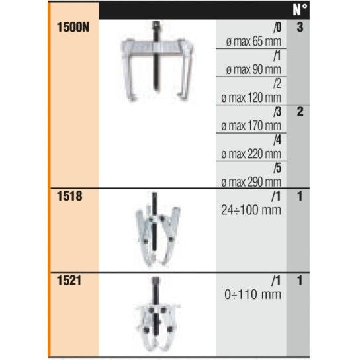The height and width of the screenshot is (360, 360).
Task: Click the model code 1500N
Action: [73, 27]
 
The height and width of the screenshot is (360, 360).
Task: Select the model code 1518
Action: [69, 196]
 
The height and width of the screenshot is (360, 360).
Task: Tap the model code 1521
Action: [69, 281]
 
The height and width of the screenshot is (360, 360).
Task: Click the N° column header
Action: [300, 10]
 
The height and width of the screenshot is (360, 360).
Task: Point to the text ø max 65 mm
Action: [253, 42]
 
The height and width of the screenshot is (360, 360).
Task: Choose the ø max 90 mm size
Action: [253, 69]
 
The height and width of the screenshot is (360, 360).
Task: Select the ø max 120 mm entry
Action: [251, 98]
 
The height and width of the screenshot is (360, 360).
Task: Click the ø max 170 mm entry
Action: [251, 126]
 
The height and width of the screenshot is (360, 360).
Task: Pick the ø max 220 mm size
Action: [251, 154]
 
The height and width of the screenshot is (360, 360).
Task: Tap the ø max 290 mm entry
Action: [251, 182]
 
